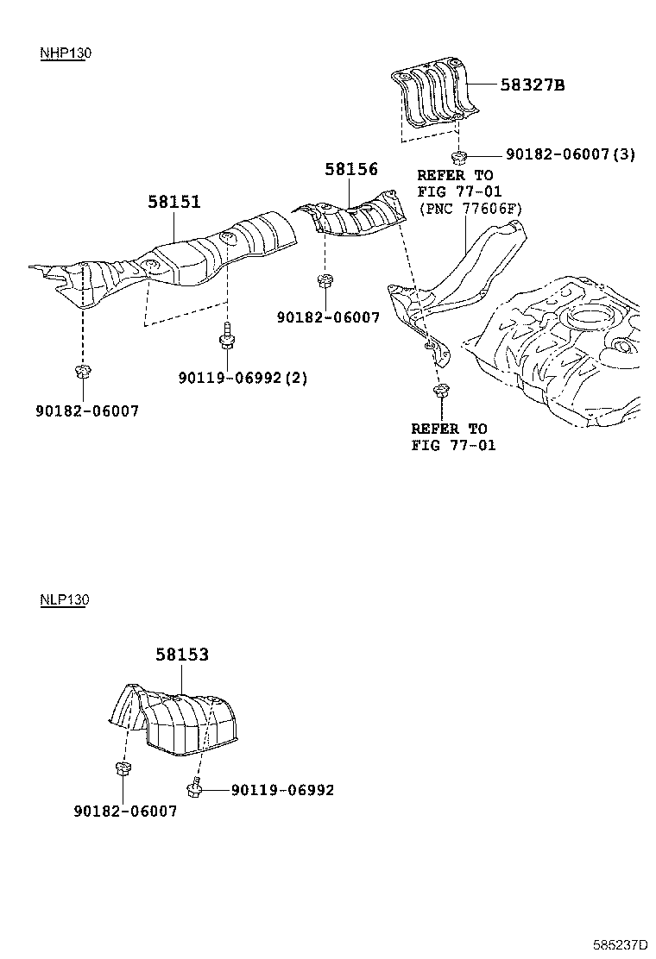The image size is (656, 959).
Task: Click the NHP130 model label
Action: (65, 53)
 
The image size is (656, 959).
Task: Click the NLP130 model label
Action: (64, 599)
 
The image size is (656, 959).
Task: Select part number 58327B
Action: (533, 85)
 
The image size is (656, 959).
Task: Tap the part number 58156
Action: (351, 169)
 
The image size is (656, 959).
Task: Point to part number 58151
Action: (173, 202)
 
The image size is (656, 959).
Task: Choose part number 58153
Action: (182, 655)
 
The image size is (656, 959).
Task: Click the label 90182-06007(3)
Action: (571, 154)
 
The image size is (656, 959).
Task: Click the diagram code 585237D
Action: (619, 944)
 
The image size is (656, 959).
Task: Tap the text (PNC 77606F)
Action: (470, 208)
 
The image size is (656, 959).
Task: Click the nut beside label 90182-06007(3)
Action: (459, 156)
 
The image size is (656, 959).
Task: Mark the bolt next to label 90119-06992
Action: (196, 787)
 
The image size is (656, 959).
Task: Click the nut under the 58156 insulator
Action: (325, 280)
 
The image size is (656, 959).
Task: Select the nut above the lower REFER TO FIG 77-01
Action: (440, 392)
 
